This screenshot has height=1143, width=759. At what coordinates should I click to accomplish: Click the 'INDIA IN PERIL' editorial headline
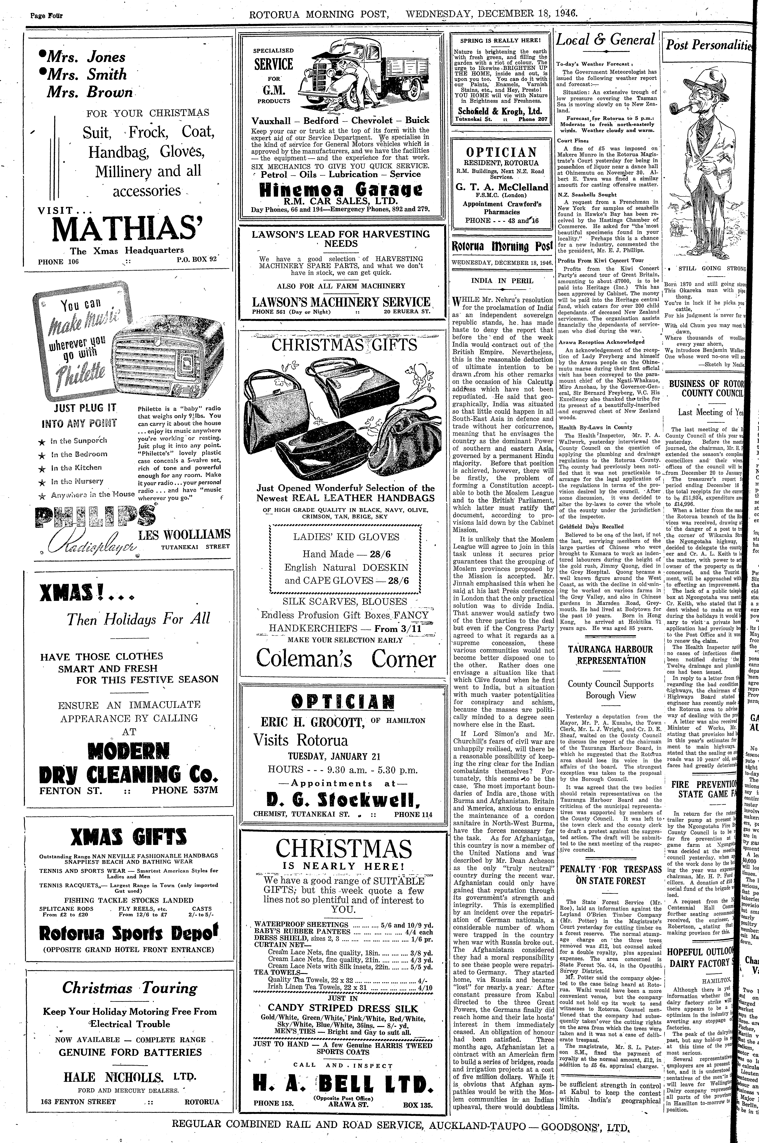coord(502,281)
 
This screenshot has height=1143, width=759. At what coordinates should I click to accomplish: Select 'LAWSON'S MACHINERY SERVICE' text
coord(341,302)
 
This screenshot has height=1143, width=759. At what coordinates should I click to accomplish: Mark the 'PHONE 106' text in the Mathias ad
coord(58,262)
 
